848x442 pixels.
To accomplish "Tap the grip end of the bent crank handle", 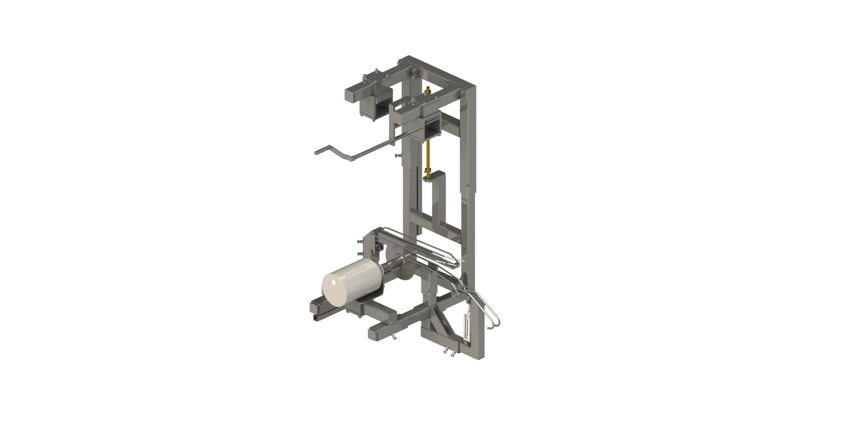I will [319, 151].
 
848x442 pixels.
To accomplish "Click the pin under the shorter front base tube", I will [394, 337].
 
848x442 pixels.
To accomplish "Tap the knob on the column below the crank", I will [396, 154].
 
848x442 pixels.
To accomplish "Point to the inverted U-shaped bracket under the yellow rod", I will [435, 201].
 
